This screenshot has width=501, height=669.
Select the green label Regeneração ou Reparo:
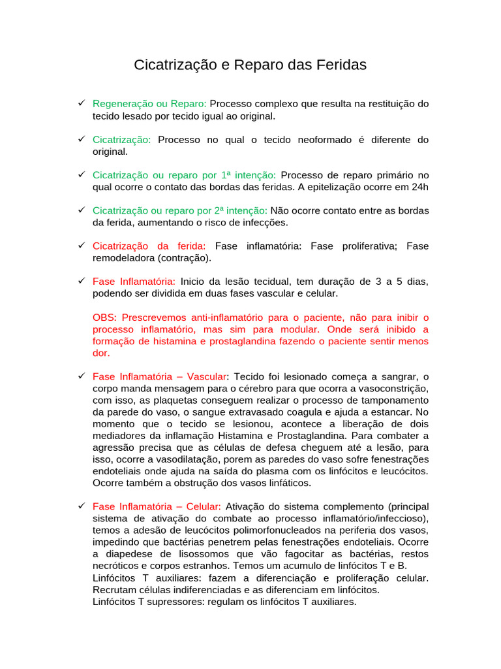pyautogui.click(x=149, y=104)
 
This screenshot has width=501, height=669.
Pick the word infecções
pyautogui.click(x=260, y=222)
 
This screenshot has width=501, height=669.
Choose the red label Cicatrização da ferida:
pyautogui.click(x=149, y=246)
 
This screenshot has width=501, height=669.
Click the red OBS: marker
pyautogui.click(x=105, y=318)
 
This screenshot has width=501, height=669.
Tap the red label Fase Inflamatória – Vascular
pyautogui.click(x=160, y=377)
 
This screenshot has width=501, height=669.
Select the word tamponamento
pyautogui.click(x=390, y=400)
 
